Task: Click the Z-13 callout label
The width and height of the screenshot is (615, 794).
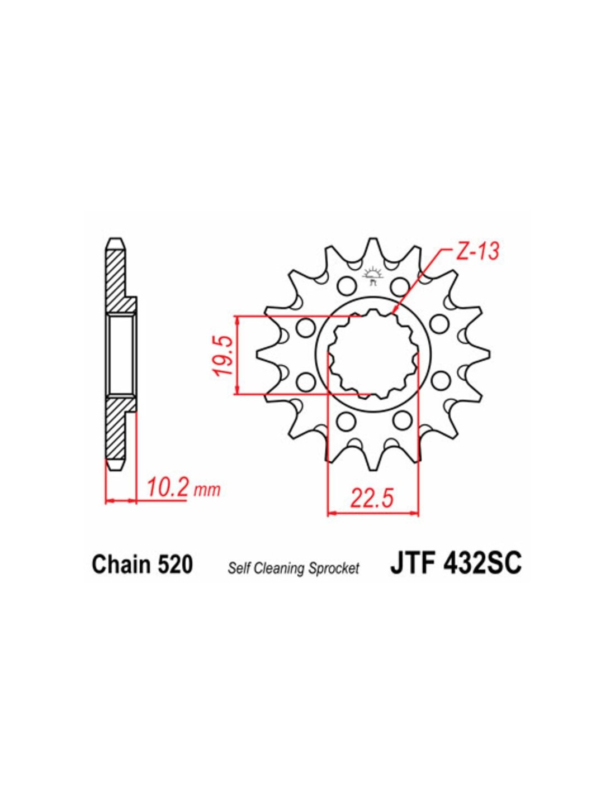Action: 477,252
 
